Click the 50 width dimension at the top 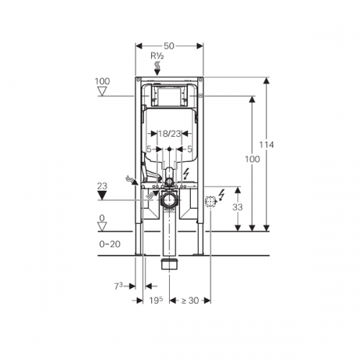coord(169,46)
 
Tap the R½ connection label coord(157,56)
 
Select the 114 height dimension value coord(266,145)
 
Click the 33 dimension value coord(238,207)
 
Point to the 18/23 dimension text coord(169,133)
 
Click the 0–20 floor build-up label coord(110,244)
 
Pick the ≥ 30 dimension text coord(190,300)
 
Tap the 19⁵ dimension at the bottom coord(156,300)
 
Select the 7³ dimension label coord(118,286)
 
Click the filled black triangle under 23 coord(102,197)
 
